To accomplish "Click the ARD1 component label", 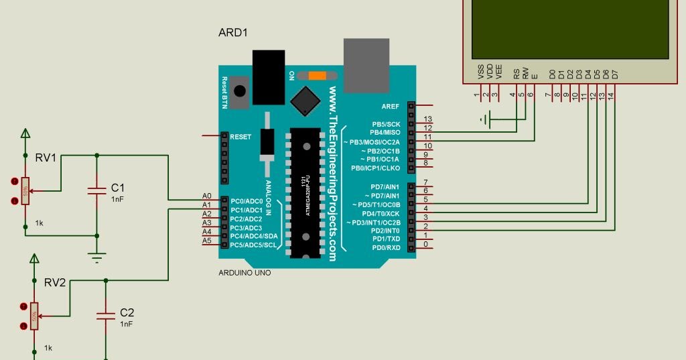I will pos(233,33).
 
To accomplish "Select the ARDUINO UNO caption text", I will pos(245,273).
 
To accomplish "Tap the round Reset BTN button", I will pos(240,91).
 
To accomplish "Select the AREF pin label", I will pos(390,106).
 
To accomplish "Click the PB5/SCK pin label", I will pos(385,124).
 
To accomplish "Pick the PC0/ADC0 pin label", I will pos(247,201).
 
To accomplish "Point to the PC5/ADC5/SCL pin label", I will pos(253,245).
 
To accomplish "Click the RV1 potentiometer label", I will pos(46,158).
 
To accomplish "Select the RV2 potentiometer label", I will pos(55,282).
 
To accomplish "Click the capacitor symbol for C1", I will pos(97,192).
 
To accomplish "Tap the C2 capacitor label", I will pos(127,312).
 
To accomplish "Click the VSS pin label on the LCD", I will pos(480,72).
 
